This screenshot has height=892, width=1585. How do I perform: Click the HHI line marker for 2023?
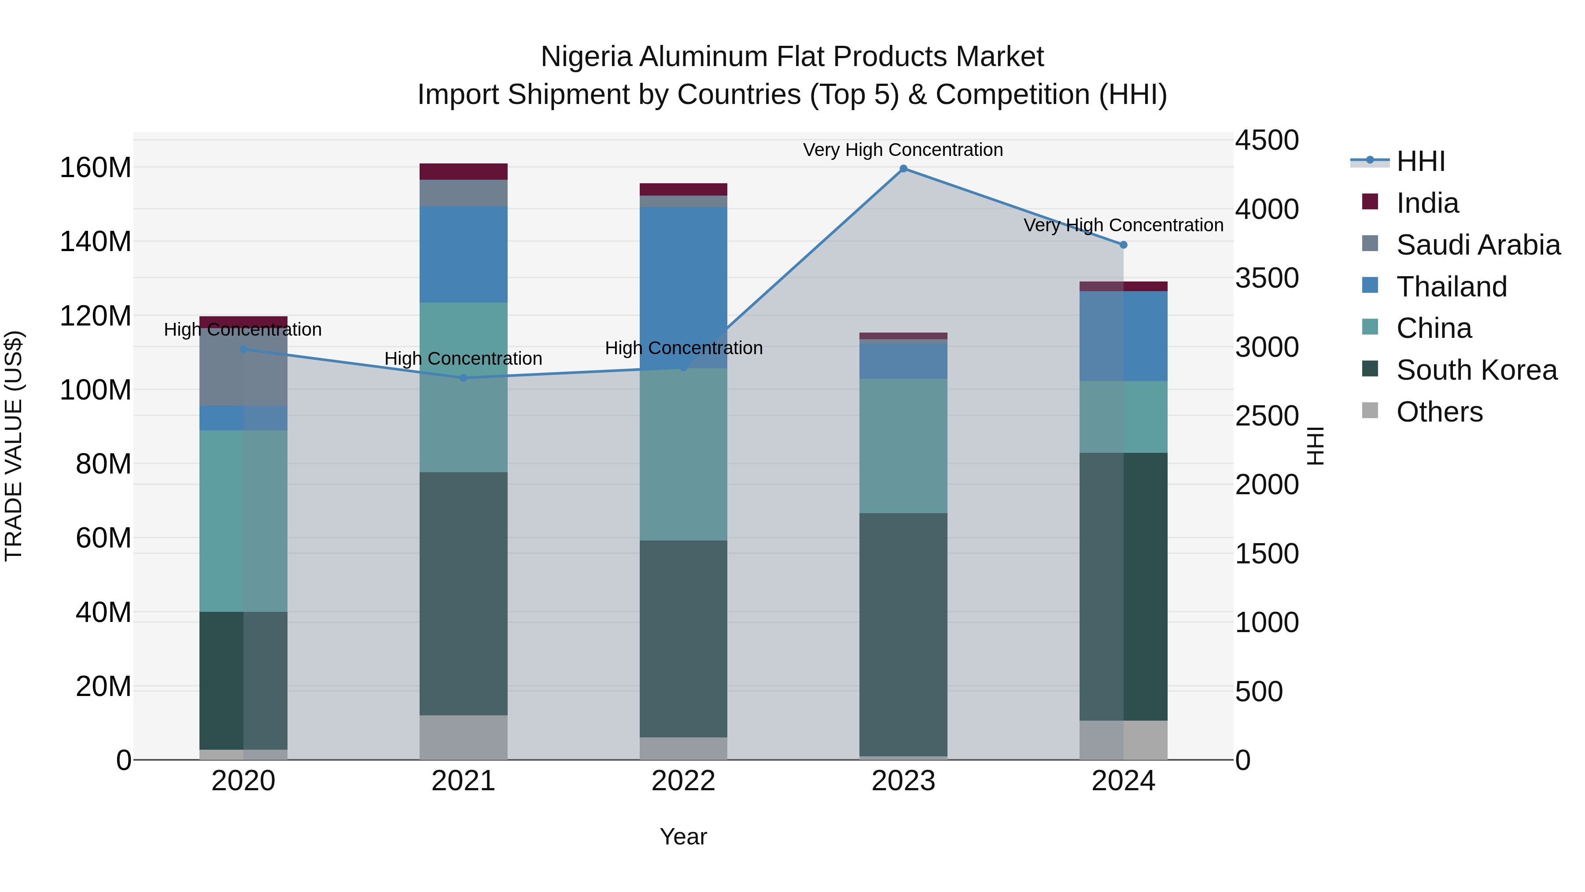point(903,169)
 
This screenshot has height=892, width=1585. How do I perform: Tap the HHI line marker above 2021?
point(463,378)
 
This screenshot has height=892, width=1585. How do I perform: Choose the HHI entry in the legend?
point(1420,161)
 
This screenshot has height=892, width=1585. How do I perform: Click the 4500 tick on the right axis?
point(1267,141)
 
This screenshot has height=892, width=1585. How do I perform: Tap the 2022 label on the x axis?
point(683,781)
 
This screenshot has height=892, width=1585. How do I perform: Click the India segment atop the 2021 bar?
point(463,172)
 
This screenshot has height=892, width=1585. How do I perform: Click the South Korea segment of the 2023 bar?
point(903,634)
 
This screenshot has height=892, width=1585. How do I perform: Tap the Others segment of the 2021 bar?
point(463,737)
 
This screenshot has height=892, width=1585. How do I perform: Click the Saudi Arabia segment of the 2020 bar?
point(243,367)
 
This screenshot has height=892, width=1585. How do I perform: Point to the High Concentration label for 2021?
point(463,359)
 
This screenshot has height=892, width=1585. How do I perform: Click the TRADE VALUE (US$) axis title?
point(14,446)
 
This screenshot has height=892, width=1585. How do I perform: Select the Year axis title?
point(683,837)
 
